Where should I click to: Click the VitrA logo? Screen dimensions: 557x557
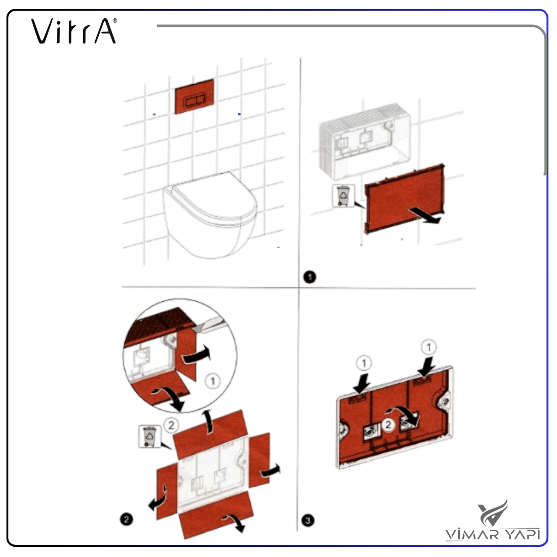point(74,31)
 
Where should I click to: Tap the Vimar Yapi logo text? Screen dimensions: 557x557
point(493,534)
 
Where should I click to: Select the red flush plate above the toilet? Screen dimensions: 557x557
point(194,96)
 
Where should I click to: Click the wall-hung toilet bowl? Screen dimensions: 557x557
point(210,215)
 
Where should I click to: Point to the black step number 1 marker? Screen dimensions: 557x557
point(310,276)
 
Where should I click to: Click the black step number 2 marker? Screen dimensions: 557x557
point(127,520)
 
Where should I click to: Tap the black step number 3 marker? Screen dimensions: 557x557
point(308,521)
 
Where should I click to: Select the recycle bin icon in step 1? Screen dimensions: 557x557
point(343,196)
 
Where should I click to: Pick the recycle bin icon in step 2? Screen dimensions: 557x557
point(149,436)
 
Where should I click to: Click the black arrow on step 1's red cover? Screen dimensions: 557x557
point(425,216)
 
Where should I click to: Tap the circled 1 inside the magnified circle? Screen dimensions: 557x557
point(213,381)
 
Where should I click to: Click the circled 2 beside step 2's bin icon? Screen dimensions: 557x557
point(171,425)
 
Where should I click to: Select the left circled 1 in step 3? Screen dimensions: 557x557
point(364,363)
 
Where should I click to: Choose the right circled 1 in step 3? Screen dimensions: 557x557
point(429,347)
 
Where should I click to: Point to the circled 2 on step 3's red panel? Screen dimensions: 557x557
point(388,425)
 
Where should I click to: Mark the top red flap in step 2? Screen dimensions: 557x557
point(210,434)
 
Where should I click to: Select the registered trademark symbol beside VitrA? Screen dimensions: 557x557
point(115,21)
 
